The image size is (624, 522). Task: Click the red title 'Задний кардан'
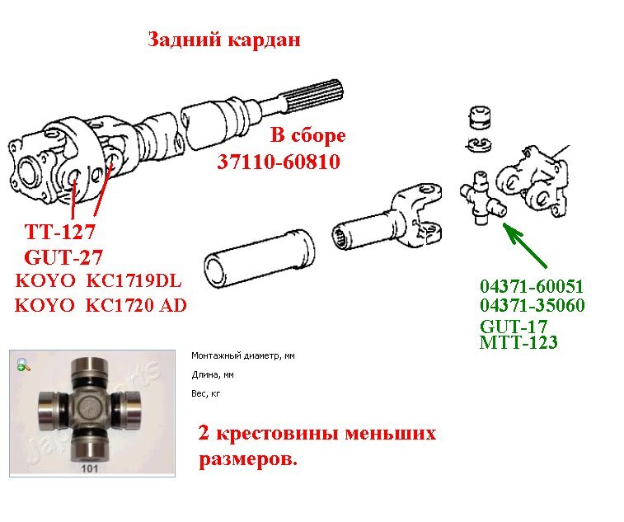point(224,40)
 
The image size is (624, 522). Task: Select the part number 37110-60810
point(279,162)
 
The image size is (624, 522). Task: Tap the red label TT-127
point(60,232)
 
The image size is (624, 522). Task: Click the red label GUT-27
point(63,256)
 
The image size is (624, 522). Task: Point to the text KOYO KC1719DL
point(98,280)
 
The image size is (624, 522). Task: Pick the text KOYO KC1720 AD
point(101,305)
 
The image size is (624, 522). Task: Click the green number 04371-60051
point(532,286)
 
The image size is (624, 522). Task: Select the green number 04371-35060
point(533,305)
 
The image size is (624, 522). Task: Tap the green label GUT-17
point(514,327)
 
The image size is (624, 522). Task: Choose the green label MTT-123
point(518,342)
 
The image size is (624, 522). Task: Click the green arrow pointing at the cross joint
point(525,246)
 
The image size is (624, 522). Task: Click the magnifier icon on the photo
point(24,364)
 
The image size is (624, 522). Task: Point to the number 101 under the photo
point(90,468)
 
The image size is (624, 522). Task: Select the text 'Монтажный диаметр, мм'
point(243,355)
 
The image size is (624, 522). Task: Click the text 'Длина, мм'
point(213,374)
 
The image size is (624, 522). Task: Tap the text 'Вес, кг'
point(206,394)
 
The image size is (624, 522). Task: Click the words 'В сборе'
point(308,135)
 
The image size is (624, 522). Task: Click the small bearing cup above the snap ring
point(480,117)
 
